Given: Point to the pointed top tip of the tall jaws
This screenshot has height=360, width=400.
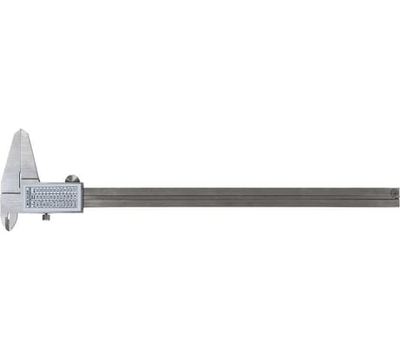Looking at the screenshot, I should [x=21, y=132].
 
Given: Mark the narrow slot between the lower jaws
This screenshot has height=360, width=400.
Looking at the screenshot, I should [x=13, y=217].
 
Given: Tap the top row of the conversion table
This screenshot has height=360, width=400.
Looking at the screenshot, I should [x=53, y=187].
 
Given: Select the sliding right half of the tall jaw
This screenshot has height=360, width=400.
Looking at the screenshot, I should [x=28, y=160].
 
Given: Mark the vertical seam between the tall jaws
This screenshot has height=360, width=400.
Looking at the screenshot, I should [x=21, y=160].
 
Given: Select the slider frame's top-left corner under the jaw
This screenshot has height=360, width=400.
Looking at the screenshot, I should [x=23, y=180].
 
